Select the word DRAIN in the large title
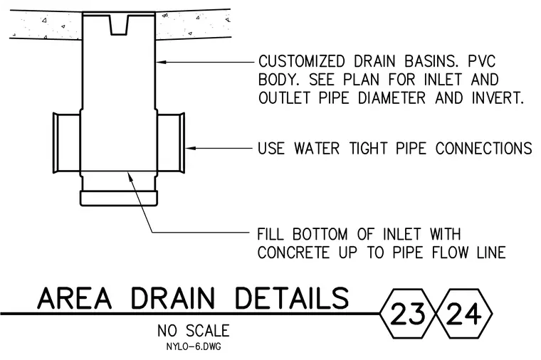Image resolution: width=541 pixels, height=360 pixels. (x=173, y=298)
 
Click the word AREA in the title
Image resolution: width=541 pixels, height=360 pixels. (x=75, y=298)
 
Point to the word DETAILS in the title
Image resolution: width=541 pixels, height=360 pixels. (x=292, y=298)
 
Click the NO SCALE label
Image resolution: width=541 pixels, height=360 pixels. (x=194, y=331)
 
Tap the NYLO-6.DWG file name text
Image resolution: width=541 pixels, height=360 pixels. (x=194, y=346)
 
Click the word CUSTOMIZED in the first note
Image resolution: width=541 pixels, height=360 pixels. (x=302, y=62)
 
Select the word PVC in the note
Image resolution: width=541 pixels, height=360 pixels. (x=482, y=62)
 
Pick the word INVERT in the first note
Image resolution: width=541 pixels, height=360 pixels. (x=498, y=98)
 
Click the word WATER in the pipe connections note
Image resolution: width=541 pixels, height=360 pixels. (x=317, y=149)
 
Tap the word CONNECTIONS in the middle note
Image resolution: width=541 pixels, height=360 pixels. (x=484, y=149)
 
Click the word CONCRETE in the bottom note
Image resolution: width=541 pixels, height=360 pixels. (x=293, y=253)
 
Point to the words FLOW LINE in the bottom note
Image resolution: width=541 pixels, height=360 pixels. (x=469, y=253)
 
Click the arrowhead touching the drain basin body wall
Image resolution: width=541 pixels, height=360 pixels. (x=161, y=62)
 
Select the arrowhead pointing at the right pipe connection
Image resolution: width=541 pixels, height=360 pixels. (x=191, y=148)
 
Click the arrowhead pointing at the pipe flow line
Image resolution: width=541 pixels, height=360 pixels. (x=130, y=176)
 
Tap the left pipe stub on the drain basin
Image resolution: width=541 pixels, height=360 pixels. (x=67, y=143)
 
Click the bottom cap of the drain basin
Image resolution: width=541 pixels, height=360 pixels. (x=119, y=198)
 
